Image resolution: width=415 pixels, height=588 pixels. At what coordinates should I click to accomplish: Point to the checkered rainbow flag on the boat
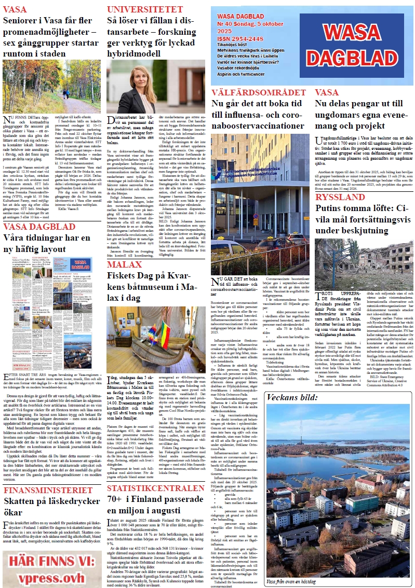(152, 330)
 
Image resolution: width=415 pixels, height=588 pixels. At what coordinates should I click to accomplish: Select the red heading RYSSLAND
(340, 197)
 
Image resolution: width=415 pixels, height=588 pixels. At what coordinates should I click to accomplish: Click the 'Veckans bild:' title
(290, 398)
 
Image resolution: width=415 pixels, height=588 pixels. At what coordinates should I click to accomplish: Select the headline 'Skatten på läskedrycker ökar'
(51, 507)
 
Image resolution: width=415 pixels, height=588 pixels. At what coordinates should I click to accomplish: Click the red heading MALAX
(124, 265)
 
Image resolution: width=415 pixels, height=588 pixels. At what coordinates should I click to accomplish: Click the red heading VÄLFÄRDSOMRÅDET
(259, 93)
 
